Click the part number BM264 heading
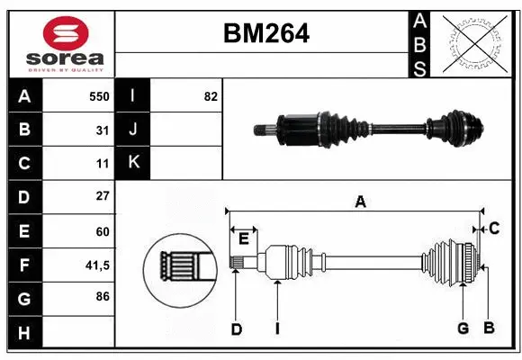tap(265, 34)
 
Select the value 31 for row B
tap(103, 130)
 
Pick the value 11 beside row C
tap(103, 163)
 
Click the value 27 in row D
tap(103, 196)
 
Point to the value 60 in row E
tap(103, 230)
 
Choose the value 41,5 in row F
tap(97, 265)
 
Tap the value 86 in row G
tap(103, 297)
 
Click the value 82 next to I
tap(211, 96)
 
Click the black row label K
tap(133, 163)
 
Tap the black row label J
tap(133, 130)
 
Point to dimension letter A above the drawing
tap(360, 202)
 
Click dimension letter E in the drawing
tap(244, 237)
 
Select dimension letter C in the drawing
tap(494, 229)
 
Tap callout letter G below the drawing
tap(463, 328)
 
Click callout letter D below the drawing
tap(236, 328)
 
